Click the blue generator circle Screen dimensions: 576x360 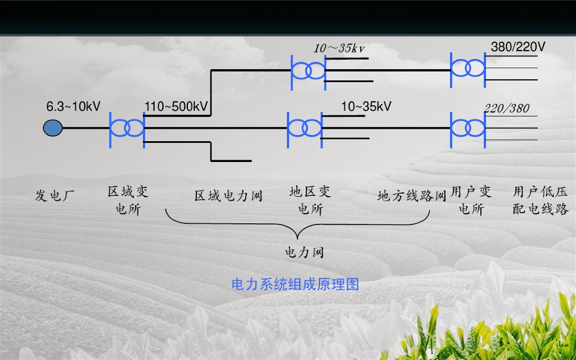tap(53, 128)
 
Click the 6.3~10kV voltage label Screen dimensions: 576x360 tap(73, 106)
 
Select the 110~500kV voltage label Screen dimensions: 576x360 tap(176, 106)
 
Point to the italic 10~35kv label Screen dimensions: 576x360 tap(339, 48)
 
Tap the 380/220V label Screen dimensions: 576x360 tap(518, 47)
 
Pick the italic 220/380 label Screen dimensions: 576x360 tap(507, 109)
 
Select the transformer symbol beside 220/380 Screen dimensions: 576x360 tap(467, 128)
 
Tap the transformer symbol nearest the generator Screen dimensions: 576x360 tap(127, 128)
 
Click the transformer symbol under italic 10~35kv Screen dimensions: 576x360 tap(308, 70)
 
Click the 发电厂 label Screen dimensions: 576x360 tap(55, 196)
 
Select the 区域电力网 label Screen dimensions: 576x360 tap(228, 196)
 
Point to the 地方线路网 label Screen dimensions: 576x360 tap(411, 196)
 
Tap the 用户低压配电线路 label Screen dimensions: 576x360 tap(541, 201)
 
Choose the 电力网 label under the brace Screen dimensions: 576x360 tap(304, 253)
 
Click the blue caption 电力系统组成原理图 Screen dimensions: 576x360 tap(295, 285)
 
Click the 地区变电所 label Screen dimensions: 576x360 tap(310, 201)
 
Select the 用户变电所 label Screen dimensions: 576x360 tap(471, 201)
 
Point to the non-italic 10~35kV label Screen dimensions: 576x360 tap(366, 106)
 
